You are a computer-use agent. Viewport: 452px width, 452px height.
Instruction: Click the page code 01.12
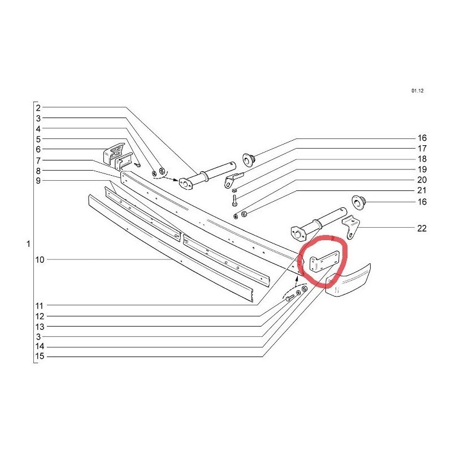pyautogui.click(x=418, y=91)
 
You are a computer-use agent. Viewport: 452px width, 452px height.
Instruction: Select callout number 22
pyautogui.click(x=421, y=228)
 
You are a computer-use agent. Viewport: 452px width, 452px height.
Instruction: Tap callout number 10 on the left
pyautogui.click(x=40, y=260)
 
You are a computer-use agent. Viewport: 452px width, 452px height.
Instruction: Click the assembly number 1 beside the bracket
pyautogui.click(x=28, y=244)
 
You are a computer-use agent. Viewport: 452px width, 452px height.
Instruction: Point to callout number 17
pyautogui.click(x=422, y=149)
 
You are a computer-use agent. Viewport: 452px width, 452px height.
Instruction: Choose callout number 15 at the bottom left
pyautogui.click(x=40, y=357)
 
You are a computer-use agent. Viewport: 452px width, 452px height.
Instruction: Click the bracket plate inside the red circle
pyautogui.click(x=323, y=261)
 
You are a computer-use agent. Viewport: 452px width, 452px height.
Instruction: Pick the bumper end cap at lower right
pyautogui.click(x=348, y=280)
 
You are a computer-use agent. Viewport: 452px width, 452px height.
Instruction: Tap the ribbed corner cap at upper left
pyautogui.click(x=114, y=153)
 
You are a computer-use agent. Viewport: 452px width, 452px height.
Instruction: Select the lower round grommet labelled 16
pyautogui.click(x=358, y=202)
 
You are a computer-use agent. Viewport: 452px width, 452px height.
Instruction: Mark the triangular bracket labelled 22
pyautogui.click(x=351, y=228)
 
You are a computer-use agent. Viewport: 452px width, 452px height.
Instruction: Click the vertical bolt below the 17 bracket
pyautogui.click(x=234, y=201)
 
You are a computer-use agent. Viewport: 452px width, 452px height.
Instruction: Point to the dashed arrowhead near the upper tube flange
pyautogui.click(x=176, y=180)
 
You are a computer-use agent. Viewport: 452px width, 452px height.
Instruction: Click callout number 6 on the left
pyautogui.click(x=38, y=149)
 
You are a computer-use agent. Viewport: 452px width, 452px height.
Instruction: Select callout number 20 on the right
pyautogui.click(x=422, y=180)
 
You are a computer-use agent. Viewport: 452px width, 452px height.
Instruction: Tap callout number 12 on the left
pyautogui.click(x=40, y=316)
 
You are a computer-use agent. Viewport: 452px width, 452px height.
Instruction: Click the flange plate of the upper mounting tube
pyautogui.click(x=186, y=184)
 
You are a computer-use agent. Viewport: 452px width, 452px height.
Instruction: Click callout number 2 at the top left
pyautogui.click(x=38, y=108)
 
